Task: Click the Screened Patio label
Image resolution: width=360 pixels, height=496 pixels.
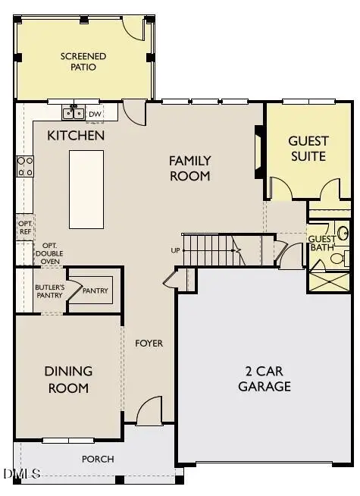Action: [83, 61]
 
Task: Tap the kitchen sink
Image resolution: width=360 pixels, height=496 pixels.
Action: [74, 114]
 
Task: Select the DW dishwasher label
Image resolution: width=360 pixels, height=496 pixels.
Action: [95, 115]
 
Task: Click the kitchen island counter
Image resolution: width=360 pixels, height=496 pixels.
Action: [86, 189]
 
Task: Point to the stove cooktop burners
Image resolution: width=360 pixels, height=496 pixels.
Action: [25, 165]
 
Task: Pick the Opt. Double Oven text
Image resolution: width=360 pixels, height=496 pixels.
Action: [50, 253]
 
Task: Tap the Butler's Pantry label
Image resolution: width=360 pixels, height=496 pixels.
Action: [49, 291]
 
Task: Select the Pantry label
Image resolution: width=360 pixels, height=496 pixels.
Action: [95, 291]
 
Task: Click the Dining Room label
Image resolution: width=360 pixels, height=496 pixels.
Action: [67, 379]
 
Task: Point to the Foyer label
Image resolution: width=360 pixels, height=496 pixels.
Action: [149, 344]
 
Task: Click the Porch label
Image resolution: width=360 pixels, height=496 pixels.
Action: [98, 459]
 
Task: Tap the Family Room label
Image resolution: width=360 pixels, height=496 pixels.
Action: [189, 168]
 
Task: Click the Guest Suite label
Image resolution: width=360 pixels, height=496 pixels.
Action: [308, 149]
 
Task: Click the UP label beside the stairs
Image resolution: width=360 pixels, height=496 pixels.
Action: [176, 250]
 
